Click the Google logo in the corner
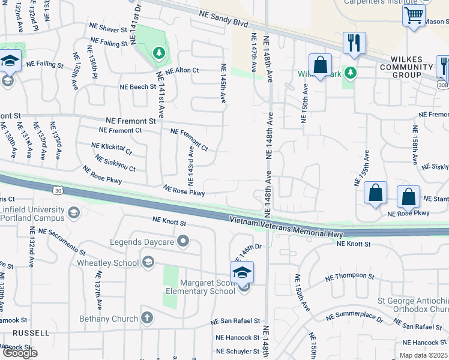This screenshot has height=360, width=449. [x=20, y=353]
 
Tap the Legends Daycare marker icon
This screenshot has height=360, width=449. [x=182, y=242]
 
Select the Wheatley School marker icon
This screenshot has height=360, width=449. [x=148, y=262]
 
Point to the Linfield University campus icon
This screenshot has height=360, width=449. [x=73, y=212]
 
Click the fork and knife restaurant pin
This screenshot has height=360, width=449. [x=354, y=43]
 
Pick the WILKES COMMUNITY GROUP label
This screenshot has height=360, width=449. [x=406, y=67]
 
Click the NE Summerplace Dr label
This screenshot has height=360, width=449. [x=354, y=317]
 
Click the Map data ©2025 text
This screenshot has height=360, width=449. [x=422, y=355]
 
